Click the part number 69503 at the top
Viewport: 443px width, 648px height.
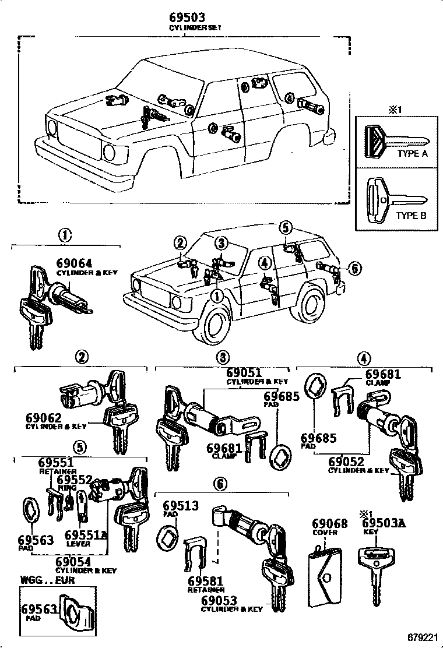tap(187, 17)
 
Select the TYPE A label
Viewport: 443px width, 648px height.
tap(412, 154)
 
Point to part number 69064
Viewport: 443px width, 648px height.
tap(74, 263)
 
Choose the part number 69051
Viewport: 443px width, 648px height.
tap(244, 372)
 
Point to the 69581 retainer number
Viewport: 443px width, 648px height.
tap(206, 581)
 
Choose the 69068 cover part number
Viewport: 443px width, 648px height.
tap(329, 524)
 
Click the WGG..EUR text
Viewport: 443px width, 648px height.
tap(44, 580)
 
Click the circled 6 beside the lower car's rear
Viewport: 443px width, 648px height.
tap(355, 268)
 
